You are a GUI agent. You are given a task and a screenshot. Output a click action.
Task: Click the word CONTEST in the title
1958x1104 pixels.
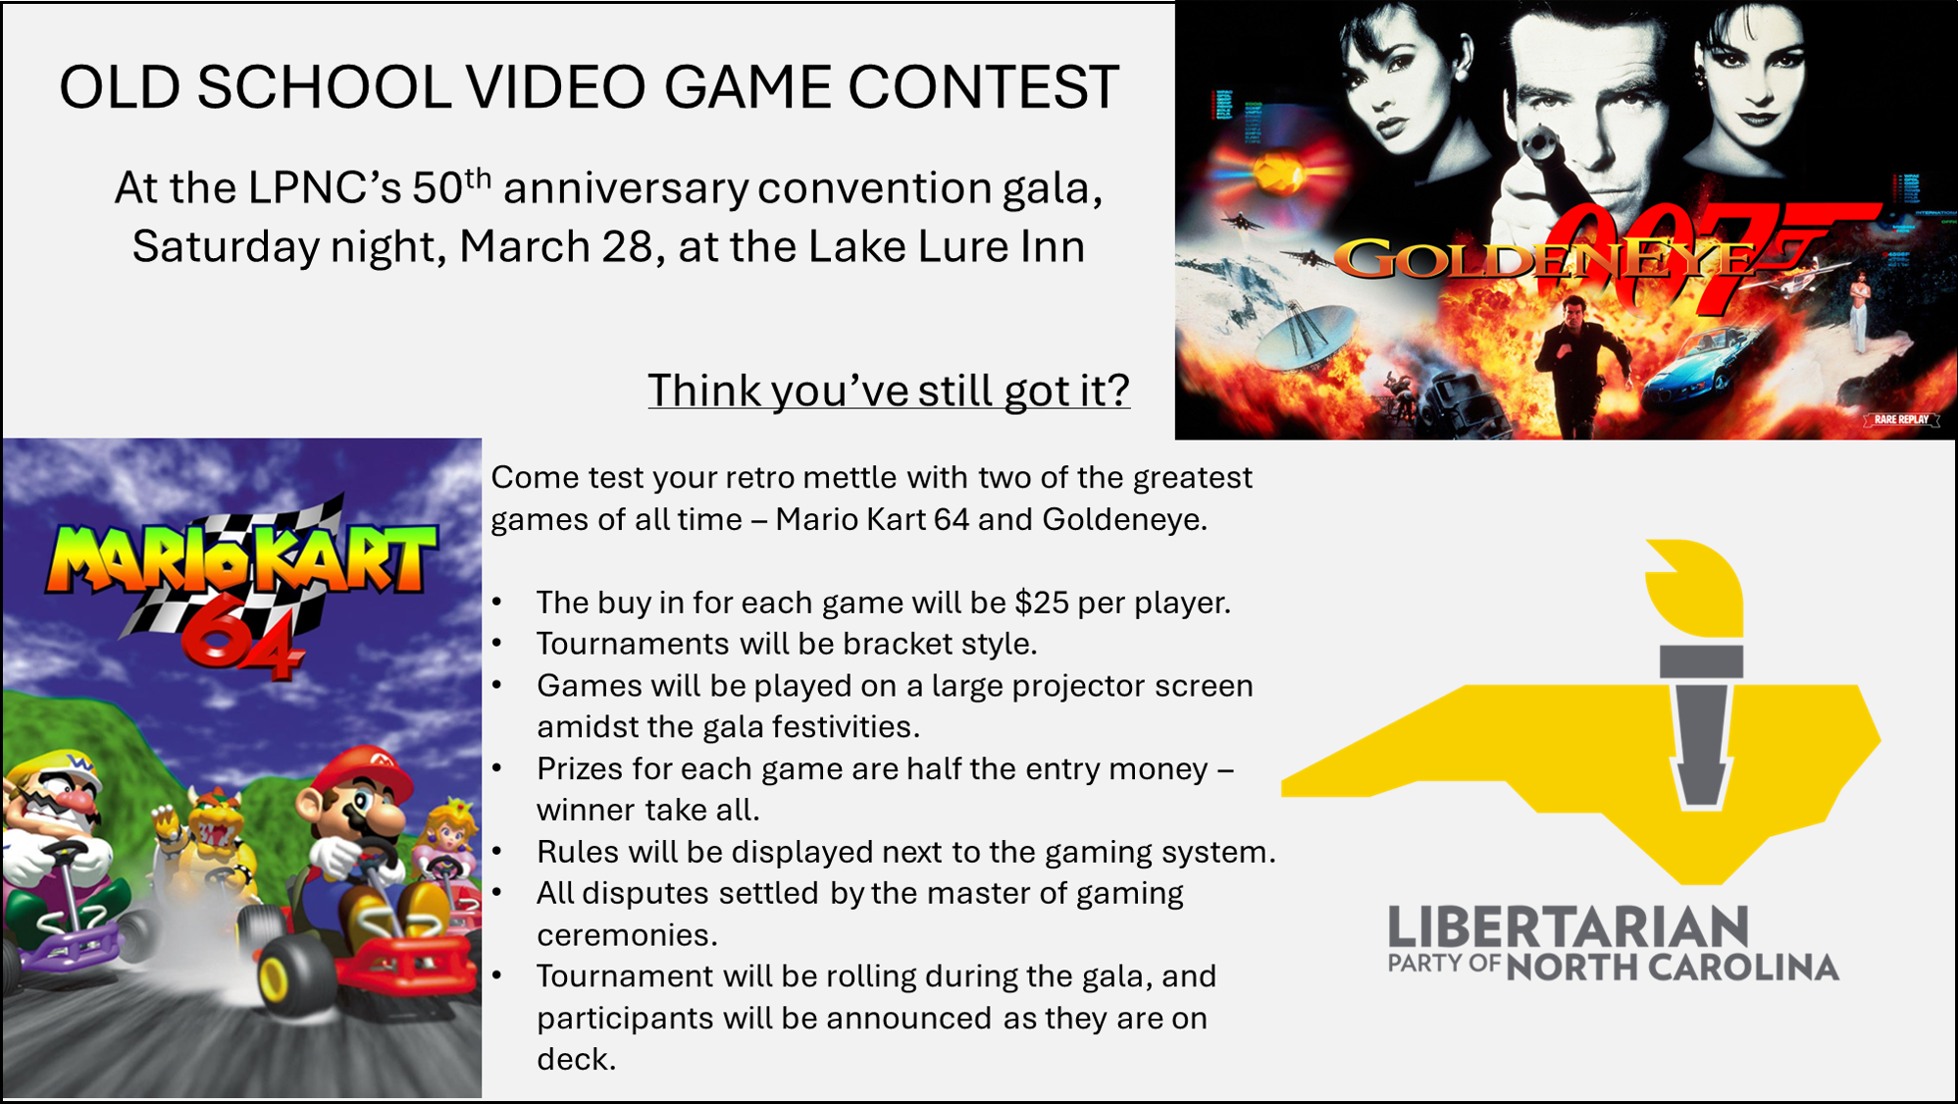(x=983, y=86)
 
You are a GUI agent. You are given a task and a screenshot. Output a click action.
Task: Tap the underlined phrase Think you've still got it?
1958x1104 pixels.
(x=889, y=391)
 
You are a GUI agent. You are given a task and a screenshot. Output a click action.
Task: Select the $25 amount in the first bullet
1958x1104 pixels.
(x=1042, y=602)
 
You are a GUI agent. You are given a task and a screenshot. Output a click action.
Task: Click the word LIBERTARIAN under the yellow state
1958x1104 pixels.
(x=1568, y=927)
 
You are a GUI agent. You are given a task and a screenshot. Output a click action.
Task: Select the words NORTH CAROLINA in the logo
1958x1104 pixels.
(x=1673, y=968)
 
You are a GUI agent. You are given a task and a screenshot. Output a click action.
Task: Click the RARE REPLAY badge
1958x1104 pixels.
(x=1901, y=420)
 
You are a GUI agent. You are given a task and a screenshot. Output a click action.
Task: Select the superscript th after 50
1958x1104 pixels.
(x=478, y=177)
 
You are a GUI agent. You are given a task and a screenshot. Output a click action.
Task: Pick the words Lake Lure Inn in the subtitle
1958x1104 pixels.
(x=947, y=246)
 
